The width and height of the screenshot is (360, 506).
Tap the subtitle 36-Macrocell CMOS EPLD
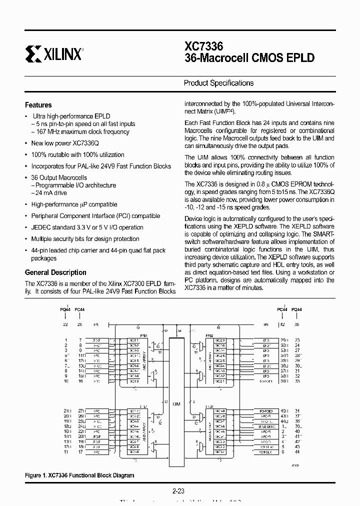pos(249,58)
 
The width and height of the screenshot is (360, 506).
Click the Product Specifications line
pos(218,83)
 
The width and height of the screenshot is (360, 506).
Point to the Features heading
pos(38,105)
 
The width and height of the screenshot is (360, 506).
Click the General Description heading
pos(55,272)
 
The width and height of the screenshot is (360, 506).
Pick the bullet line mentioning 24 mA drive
pos(51,192)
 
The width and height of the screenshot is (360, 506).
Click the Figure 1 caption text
pos(79,475)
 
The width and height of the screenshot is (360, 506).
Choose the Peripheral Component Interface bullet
pos(95,216)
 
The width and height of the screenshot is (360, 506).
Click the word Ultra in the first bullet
pos(39,116)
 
